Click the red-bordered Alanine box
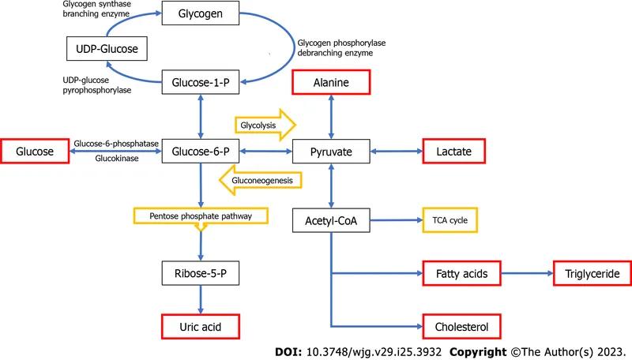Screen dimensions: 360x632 (x=331, y=82)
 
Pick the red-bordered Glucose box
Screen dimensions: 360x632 (x=34, y=150)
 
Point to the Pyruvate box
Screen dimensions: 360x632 (x=331, y=150)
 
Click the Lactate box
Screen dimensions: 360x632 (x=452, y=150)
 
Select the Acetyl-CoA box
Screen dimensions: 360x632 (x=331, y=221)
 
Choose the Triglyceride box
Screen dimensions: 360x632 (x=592, y=274)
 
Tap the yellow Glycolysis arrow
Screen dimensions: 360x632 (x=264, y=124)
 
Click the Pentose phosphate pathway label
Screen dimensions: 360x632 (x=201, y=216)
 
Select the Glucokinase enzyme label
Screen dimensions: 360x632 (x=116, y=157)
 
